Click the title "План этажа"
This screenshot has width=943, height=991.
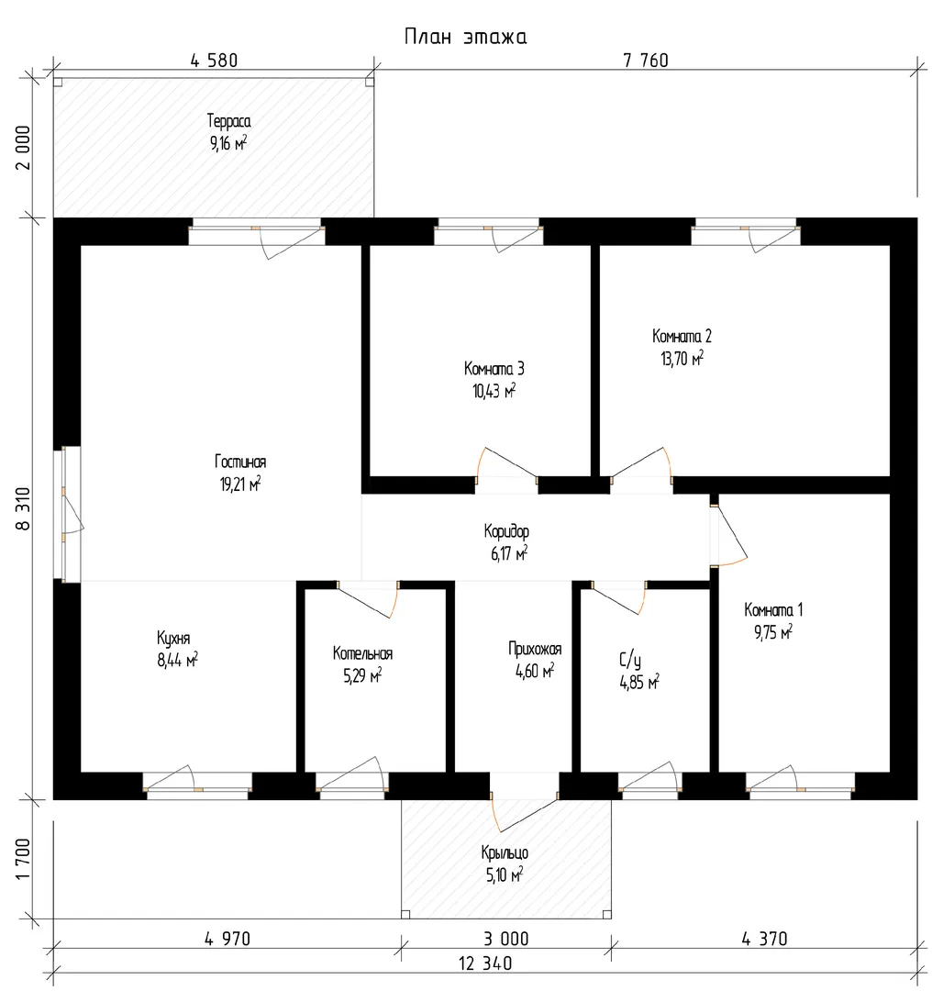[x=465, y=37]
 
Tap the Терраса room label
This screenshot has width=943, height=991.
[x=228, y=121]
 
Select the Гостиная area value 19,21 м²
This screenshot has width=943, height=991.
[x=240, y=484]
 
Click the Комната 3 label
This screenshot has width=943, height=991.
[x=494, y=369]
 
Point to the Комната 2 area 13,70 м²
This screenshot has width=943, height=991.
[x=682, y=359]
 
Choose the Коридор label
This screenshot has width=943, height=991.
[x=506, y=531]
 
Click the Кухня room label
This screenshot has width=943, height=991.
[x=173, y=639]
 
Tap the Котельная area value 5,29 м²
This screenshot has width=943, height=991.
[x=362, y=676]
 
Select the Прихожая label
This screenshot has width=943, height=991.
[x=535, y=649]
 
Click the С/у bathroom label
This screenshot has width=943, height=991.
[x=629, y=661]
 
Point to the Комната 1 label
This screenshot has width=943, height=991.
[x=773, y=610]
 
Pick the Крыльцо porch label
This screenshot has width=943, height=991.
[x=505, y=853]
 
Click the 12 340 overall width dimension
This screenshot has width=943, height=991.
[x=485, y=963]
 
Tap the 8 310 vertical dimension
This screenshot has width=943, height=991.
[x=23, y=508]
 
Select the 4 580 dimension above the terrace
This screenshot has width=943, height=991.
[x=214, y=60]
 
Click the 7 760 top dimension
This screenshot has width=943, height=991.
[x=646, y=60]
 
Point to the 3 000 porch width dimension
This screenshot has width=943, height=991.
[x=506, y=939]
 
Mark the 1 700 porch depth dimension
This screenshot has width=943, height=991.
[x=23, y=859]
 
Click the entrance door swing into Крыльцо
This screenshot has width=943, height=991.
[x=524, y=816]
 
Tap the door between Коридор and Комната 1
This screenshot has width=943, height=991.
[x=728, y=534]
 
